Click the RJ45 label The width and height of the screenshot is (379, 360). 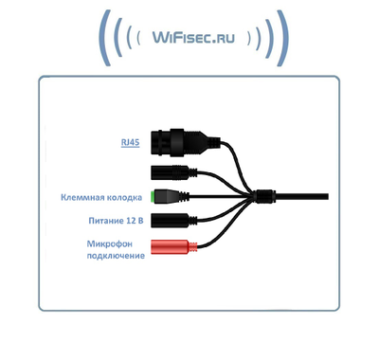click(x=130, y=142)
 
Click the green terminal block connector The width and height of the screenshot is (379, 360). click(x=167, y=198)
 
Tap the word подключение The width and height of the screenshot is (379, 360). click(x=116, y=256)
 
